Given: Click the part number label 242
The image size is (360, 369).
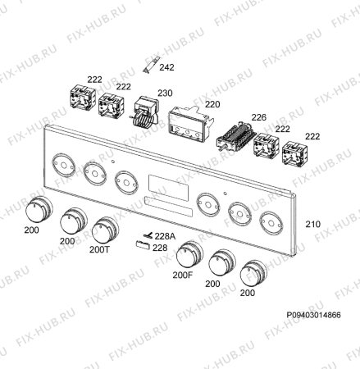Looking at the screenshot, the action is coord(166,67).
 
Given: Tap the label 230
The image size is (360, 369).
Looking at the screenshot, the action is coord(165,93).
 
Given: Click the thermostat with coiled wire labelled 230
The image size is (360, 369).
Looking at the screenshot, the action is coord(145,112).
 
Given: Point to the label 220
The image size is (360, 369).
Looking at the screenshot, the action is coord(212,104).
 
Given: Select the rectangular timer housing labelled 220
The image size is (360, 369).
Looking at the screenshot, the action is coord(190,125).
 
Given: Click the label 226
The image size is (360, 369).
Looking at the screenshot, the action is coord(258,117).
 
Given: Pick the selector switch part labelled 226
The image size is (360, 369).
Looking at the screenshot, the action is coord(235,136).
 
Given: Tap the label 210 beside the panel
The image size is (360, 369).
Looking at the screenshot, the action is coord(312,225).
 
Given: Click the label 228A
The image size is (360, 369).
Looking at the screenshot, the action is coord(165,236).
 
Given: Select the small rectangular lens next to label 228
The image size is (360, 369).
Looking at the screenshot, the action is coord(143,245).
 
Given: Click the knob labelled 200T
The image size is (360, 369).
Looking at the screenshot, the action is coord(105,230).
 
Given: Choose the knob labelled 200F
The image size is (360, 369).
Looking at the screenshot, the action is coord(189,254).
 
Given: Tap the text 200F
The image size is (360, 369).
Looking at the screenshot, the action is coord(183,275).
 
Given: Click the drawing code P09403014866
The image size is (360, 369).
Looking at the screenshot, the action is coord(313,315).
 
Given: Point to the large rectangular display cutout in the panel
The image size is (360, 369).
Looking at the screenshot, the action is coord(169,188).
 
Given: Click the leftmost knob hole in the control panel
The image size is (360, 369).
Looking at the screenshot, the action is coord(63,165).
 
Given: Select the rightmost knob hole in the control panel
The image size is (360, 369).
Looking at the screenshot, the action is coord(271,223).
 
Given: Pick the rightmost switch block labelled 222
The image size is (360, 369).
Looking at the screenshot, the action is coord(294,153).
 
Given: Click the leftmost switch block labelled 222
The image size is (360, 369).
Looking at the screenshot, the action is coord(83,97).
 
